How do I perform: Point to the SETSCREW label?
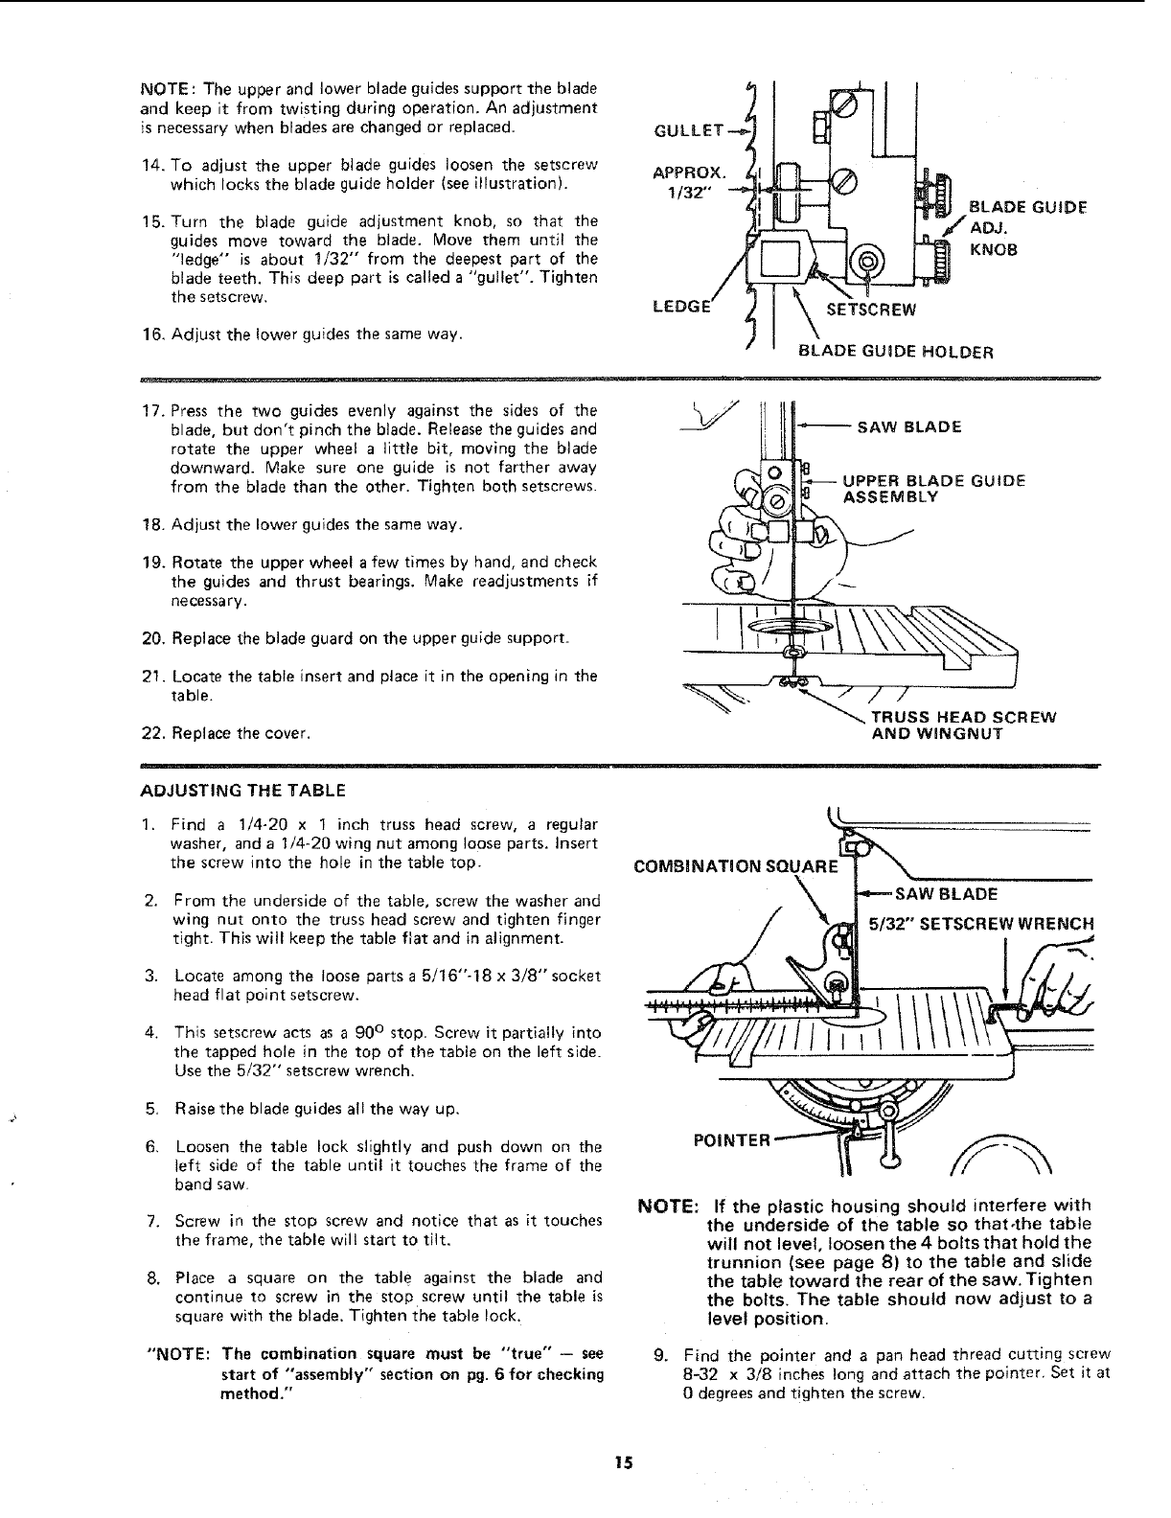tap(872, 310)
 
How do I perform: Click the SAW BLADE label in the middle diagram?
tap(909, 427)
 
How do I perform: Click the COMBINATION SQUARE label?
tap(736, 868)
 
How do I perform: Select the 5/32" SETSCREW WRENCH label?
tap(980, 925)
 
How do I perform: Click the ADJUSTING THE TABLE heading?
tap(242, 791)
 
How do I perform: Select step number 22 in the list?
tap(151, 734)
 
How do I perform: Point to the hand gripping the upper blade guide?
tap(757, 537)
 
